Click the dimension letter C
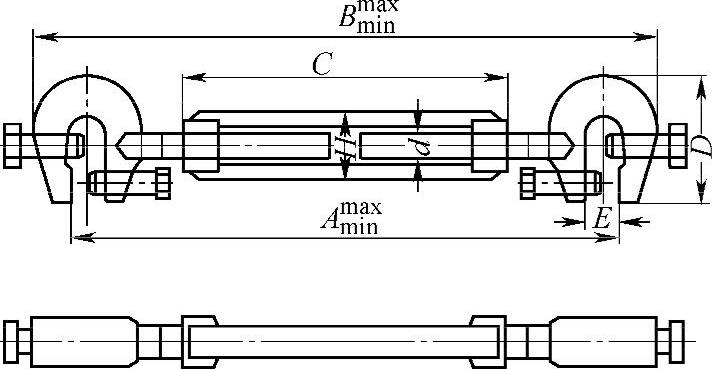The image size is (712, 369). coord(323,64)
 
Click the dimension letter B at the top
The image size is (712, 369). coord(347,18)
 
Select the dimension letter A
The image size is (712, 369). coord(330,220)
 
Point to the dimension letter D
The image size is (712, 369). coord(704,145)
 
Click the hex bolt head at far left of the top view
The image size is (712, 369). coord(12,146)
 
